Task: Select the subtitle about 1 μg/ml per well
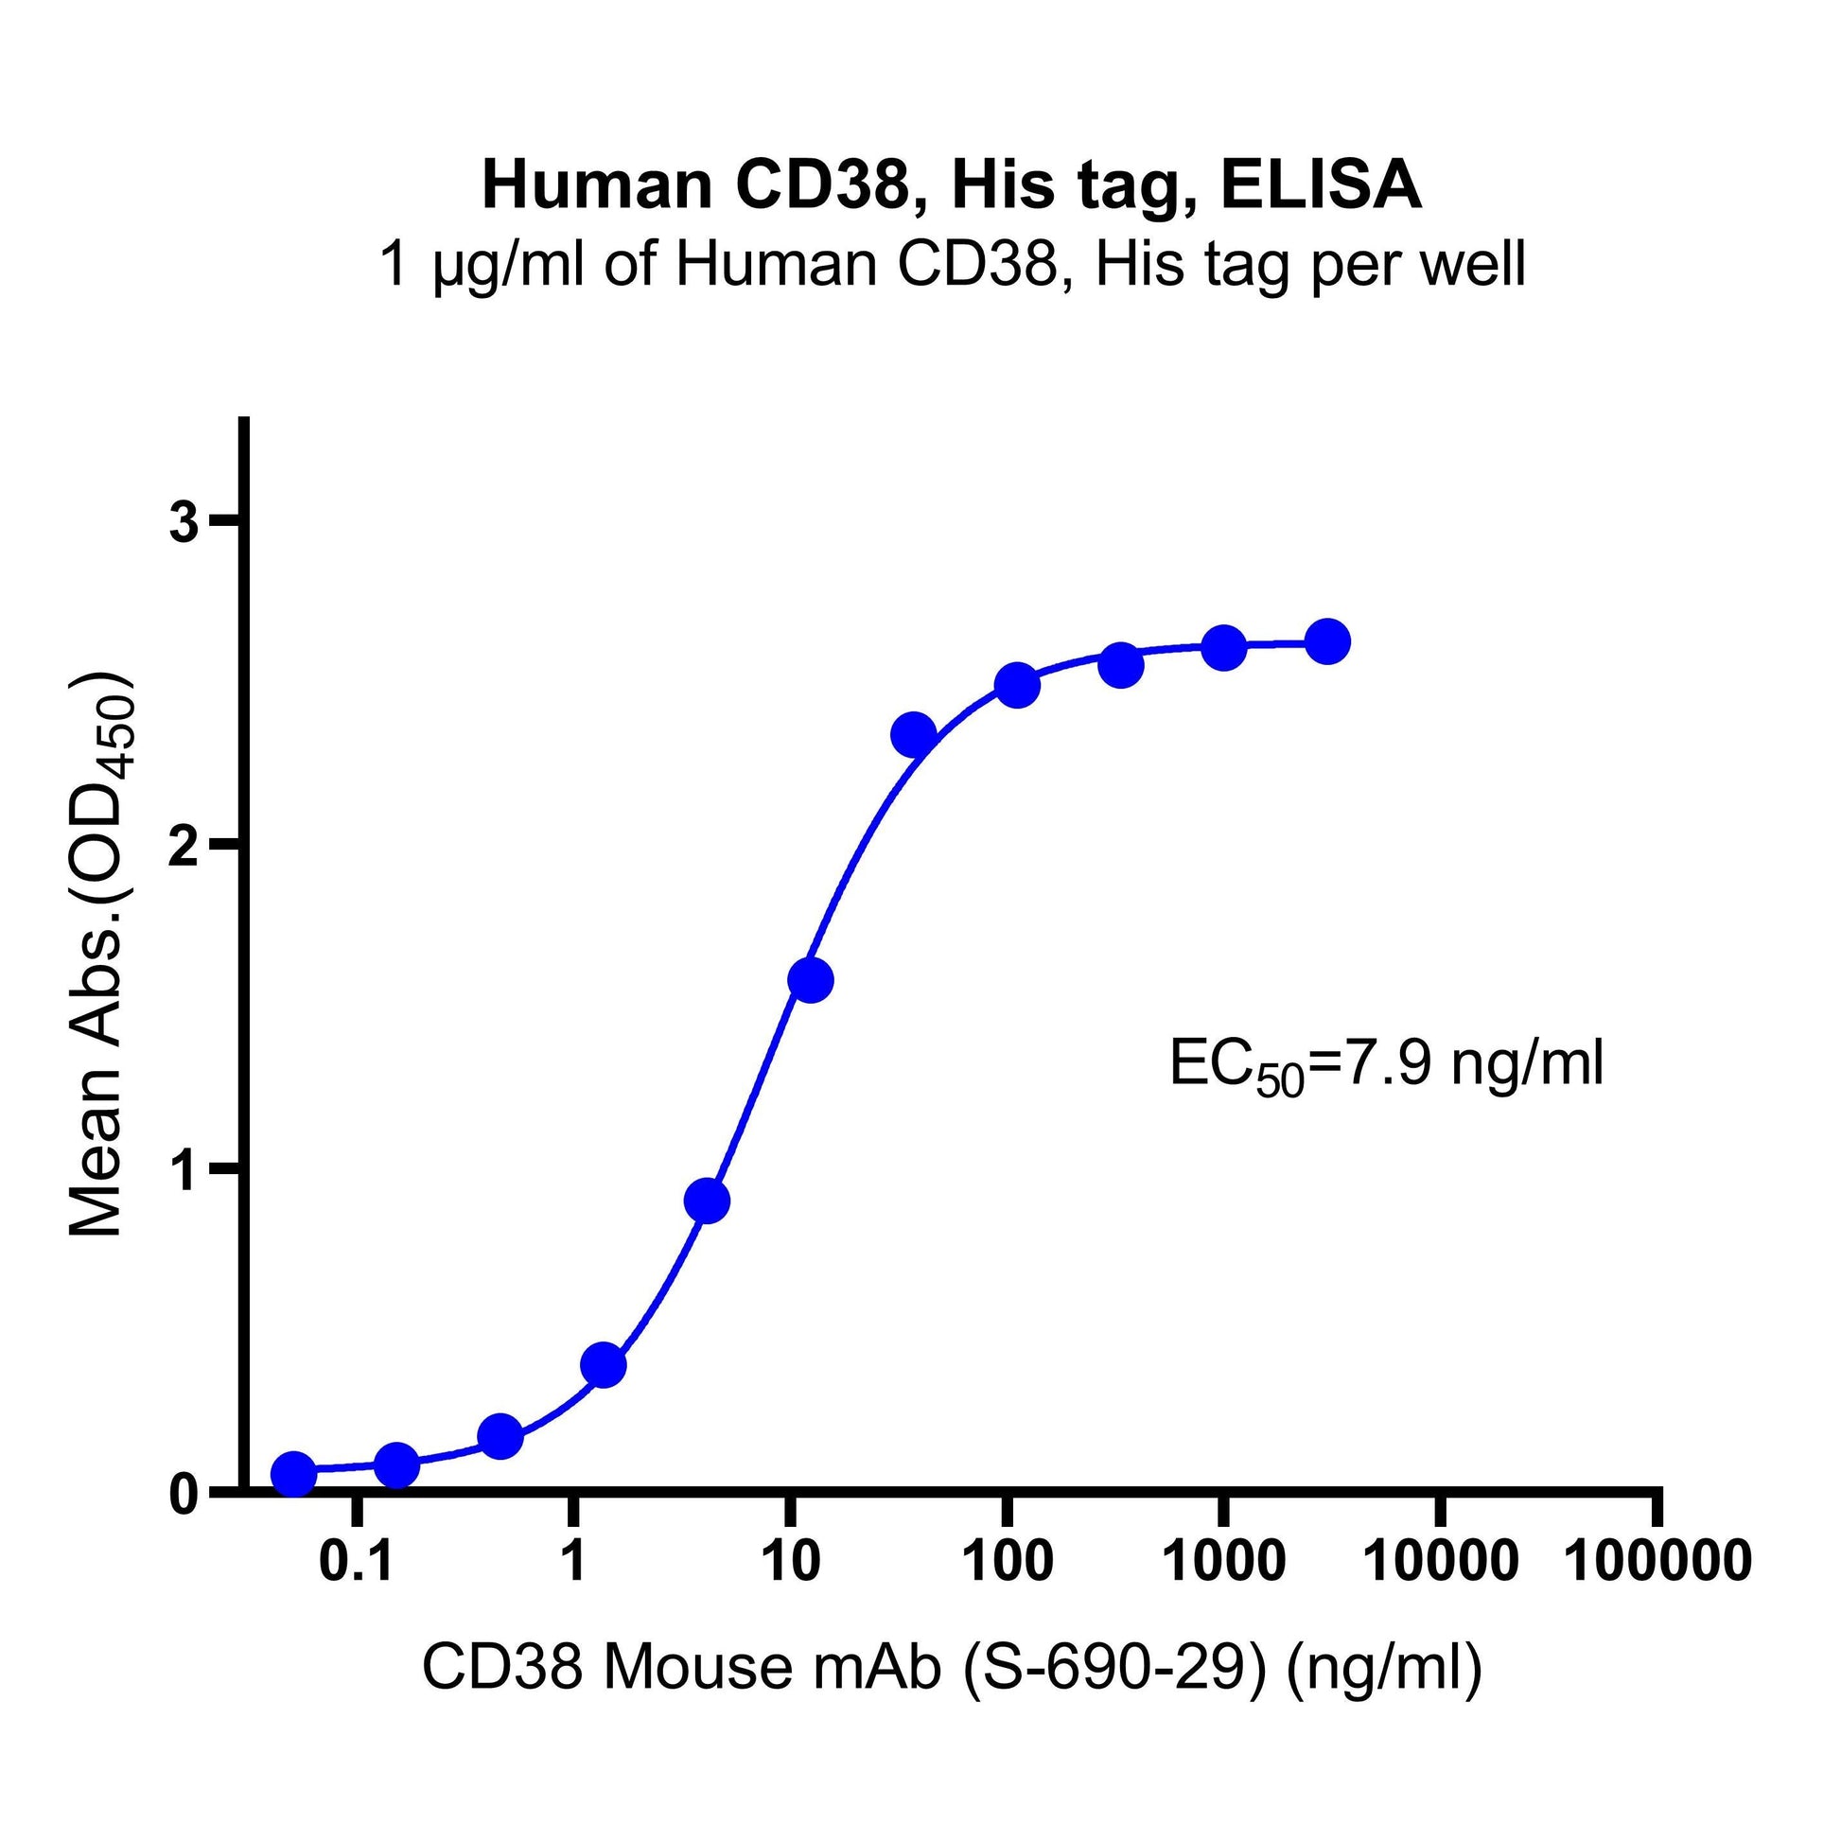tap(951, 264)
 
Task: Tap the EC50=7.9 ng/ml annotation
tap(1387, 1066)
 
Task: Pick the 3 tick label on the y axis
tap(184, 524)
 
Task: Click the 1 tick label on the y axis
tap(184, 1171)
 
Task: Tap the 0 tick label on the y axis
tap(184, 1494)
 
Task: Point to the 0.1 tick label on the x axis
tap(357, 1562)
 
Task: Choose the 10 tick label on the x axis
tap(790, 1562)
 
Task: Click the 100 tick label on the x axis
tap(1008, 1562)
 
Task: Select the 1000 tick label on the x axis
tap(1223, 1562)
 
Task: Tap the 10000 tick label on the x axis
tap(1441, 1562)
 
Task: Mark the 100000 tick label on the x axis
tap(1658, 1562)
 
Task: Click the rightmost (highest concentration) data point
tap(1327, 642)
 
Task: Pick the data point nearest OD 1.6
tap(811, 980)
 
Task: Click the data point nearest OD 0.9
tap(707, 1201)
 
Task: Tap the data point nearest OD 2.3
tap(914, 735)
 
